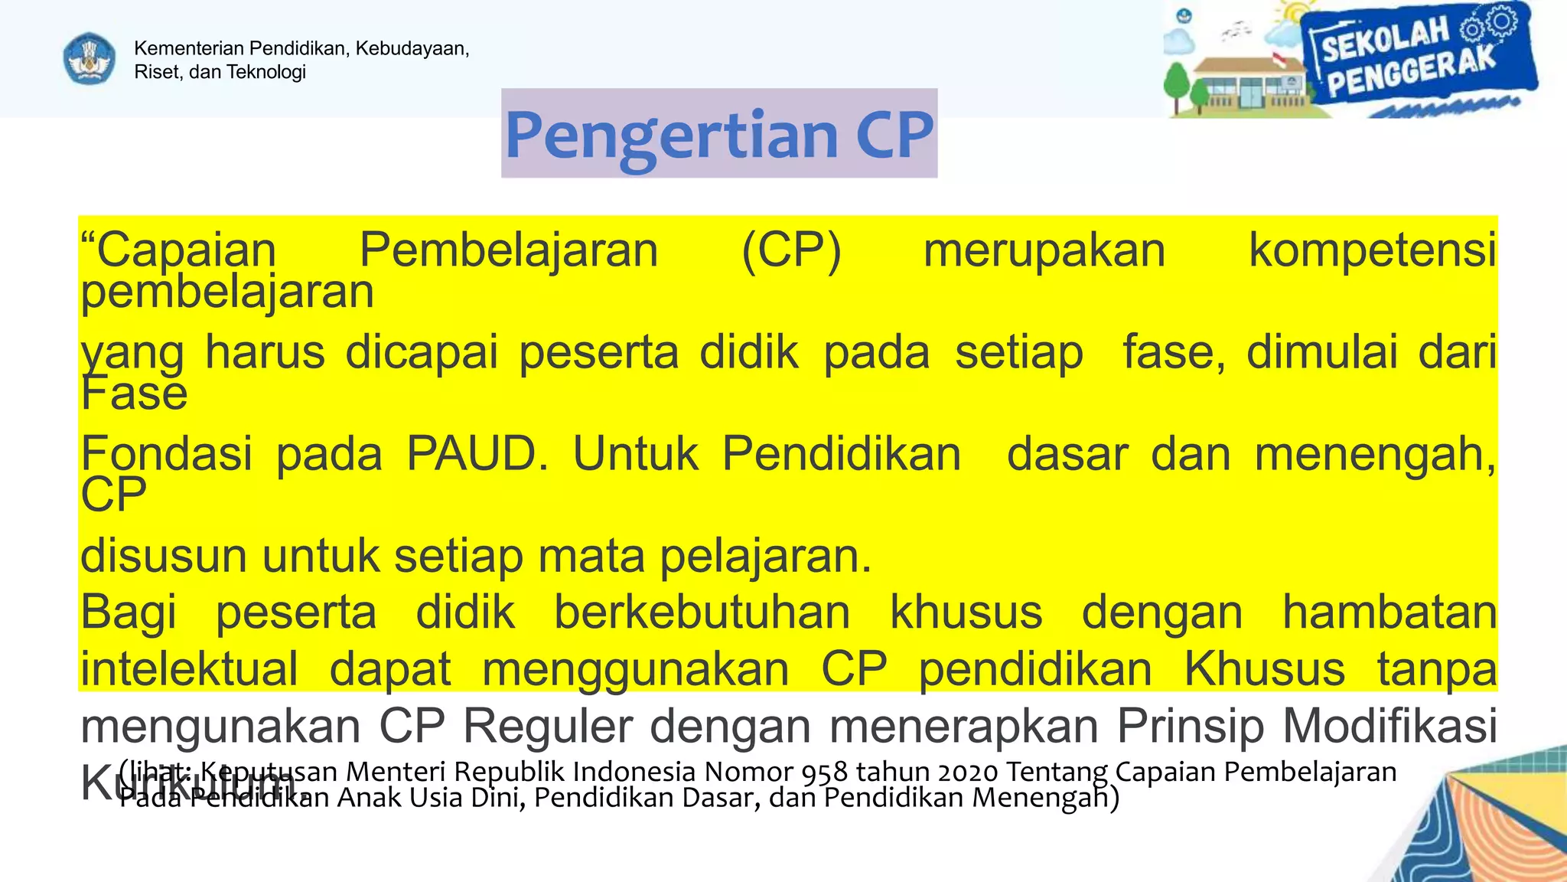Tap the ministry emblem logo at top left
(x=89, y=58)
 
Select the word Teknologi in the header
(x=266, y=72)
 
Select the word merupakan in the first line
(x=1044, y=250)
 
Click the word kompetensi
(x=1372, y=250)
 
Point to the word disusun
(x=163, y=555)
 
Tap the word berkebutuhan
(x=702, y=612)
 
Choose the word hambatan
(x=1389, y=612)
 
